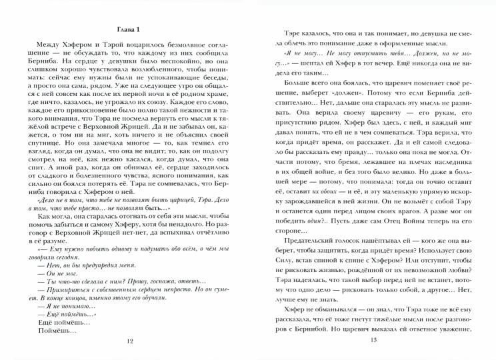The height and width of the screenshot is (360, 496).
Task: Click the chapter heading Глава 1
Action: click(x=125, y=29)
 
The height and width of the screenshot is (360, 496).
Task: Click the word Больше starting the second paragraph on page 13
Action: click(x=297, y=85)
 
